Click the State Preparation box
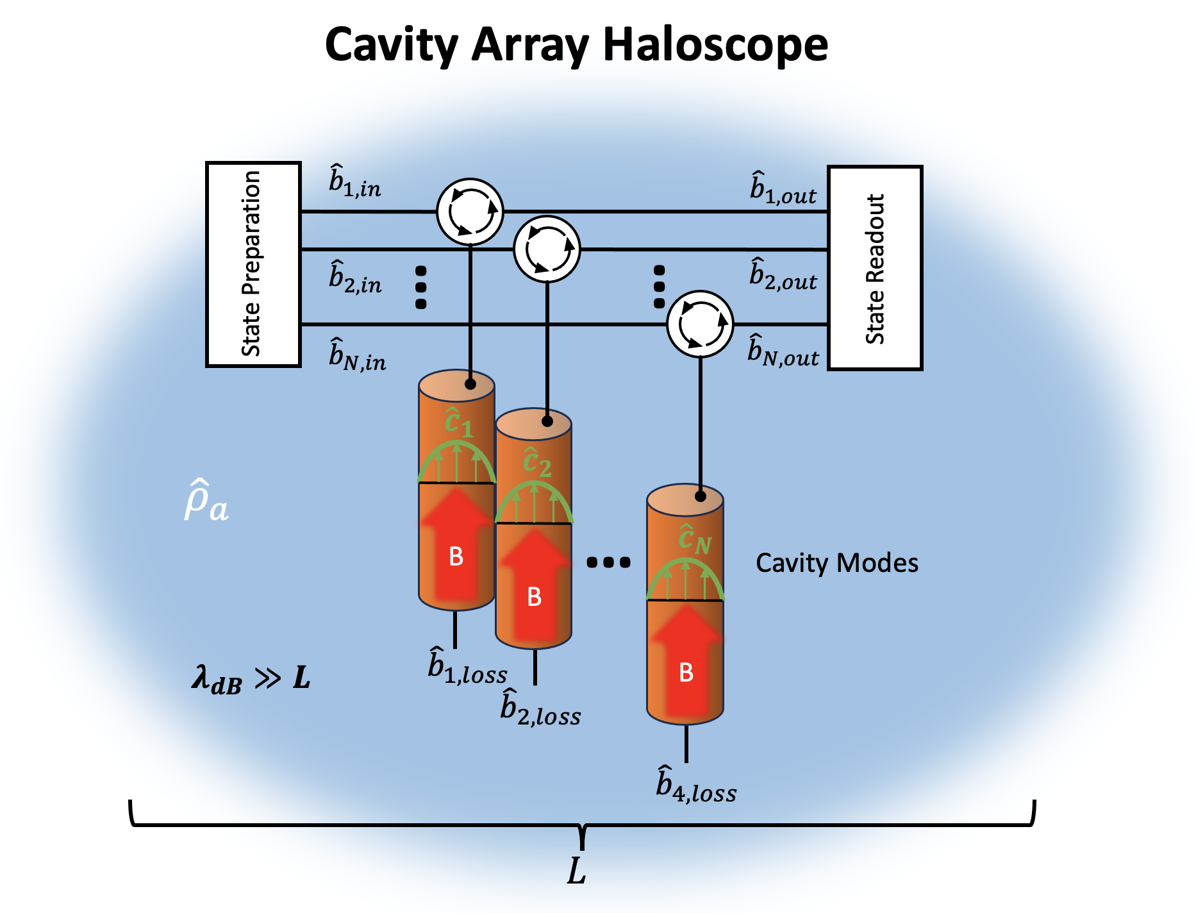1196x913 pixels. coord(253,264)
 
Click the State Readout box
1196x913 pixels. coord(875,268)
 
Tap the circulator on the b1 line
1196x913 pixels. coord(470,212)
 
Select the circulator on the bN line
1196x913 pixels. coord(700,324)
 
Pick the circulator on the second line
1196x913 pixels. coord(547,249)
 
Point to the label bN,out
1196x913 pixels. coord(783,351)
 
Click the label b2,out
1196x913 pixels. coord(783,275)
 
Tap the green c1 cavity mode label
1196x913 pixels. coord(458,423)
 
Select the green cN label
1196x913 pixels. coord(694,540)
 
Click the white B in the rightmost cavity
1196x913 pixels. coord(686,673)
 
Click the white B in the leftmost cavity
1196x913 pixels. coord(456,557)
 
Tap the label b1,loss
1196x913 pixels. coord(467,667)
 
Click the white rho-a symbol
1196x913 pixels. coord(206,501)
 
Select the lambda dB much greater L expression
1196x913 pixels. coord(251,678)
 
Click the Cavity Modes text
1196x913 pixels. coord(836,563)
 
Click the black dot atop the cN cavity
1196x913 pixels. coord(700,496)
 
